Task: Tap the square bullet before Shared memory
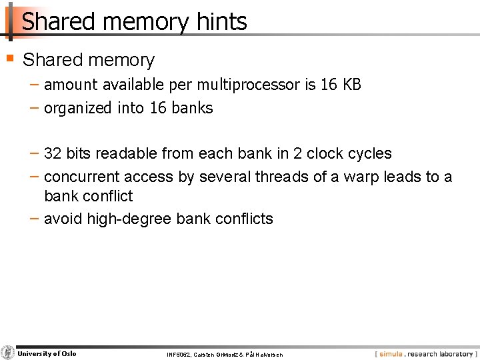click(x=9, y=58)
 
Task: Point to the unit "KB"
click(x=351, y=85)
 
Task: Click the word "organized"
click(x=79, y=108)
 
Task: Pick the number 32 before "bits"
click(x=53, y=153)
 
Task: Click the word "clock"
click(x=327, y=153)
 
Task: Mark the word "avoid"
click(x=63, y=219)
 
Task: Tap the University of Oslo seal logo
click(x=8, y=353)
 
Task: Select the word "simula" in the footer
click(x=391, y=354)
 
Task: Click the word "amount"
click(x=71, y=85)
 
